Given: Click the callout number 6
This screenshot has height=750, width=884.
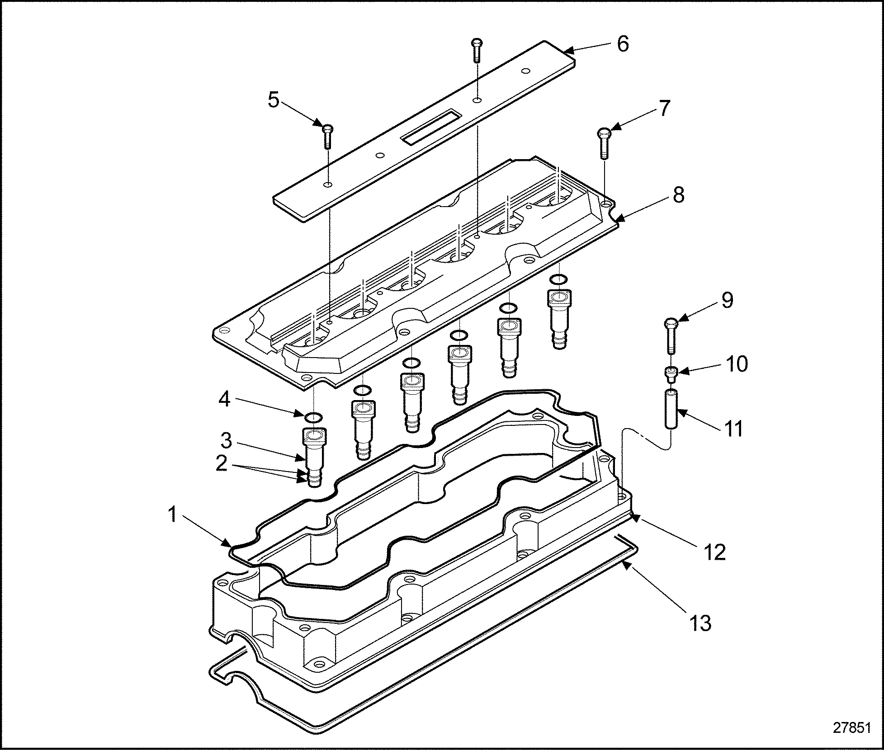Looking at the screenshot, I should (623, 44).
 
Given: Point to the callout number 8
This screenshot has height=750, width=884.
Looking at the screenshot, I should (678, 195).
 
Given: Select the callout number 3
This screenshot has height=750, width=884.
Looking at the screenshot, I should (226, 440).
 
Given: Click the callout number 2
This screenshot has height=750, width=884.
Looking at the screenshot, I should (221, 464).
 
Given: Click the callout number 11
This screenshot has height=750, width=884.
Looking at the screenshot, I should (733, 428).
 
